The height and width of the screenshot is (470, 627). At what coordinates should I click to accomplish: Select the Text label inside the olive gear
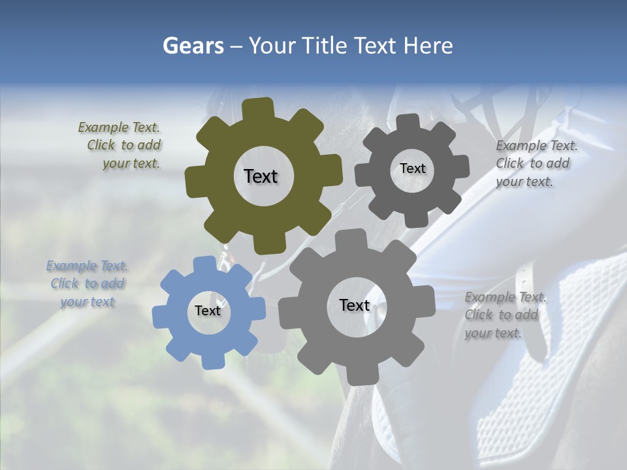pyautogui.click(x=261, y=176)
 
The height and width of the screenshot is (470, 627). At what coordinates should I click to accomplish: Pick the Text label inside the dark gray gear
pyautogui.click(x=412, y=168)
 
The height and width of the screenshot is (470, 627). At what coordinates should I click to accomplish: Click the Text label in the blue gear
pyautogui.click(x=208, y=311)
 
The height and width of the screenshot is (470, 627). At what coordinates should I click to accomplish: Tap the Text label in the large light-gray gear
pyautogui.click(x=355, y=305)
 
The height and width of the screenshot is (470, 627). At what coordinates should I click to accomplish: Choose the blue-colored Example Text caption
pyautogui.click(x=88, y=284)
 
